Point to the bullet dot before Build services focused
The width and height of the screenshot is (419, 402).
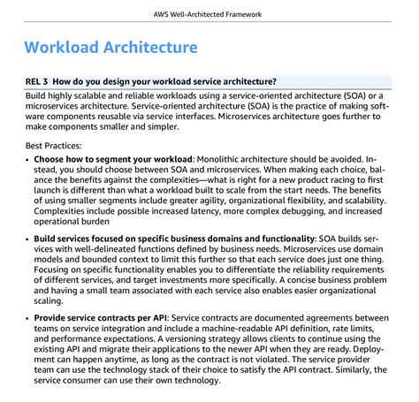[27, 239]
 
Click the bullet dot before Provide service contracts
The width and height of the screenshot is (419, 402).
[27, 317]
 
